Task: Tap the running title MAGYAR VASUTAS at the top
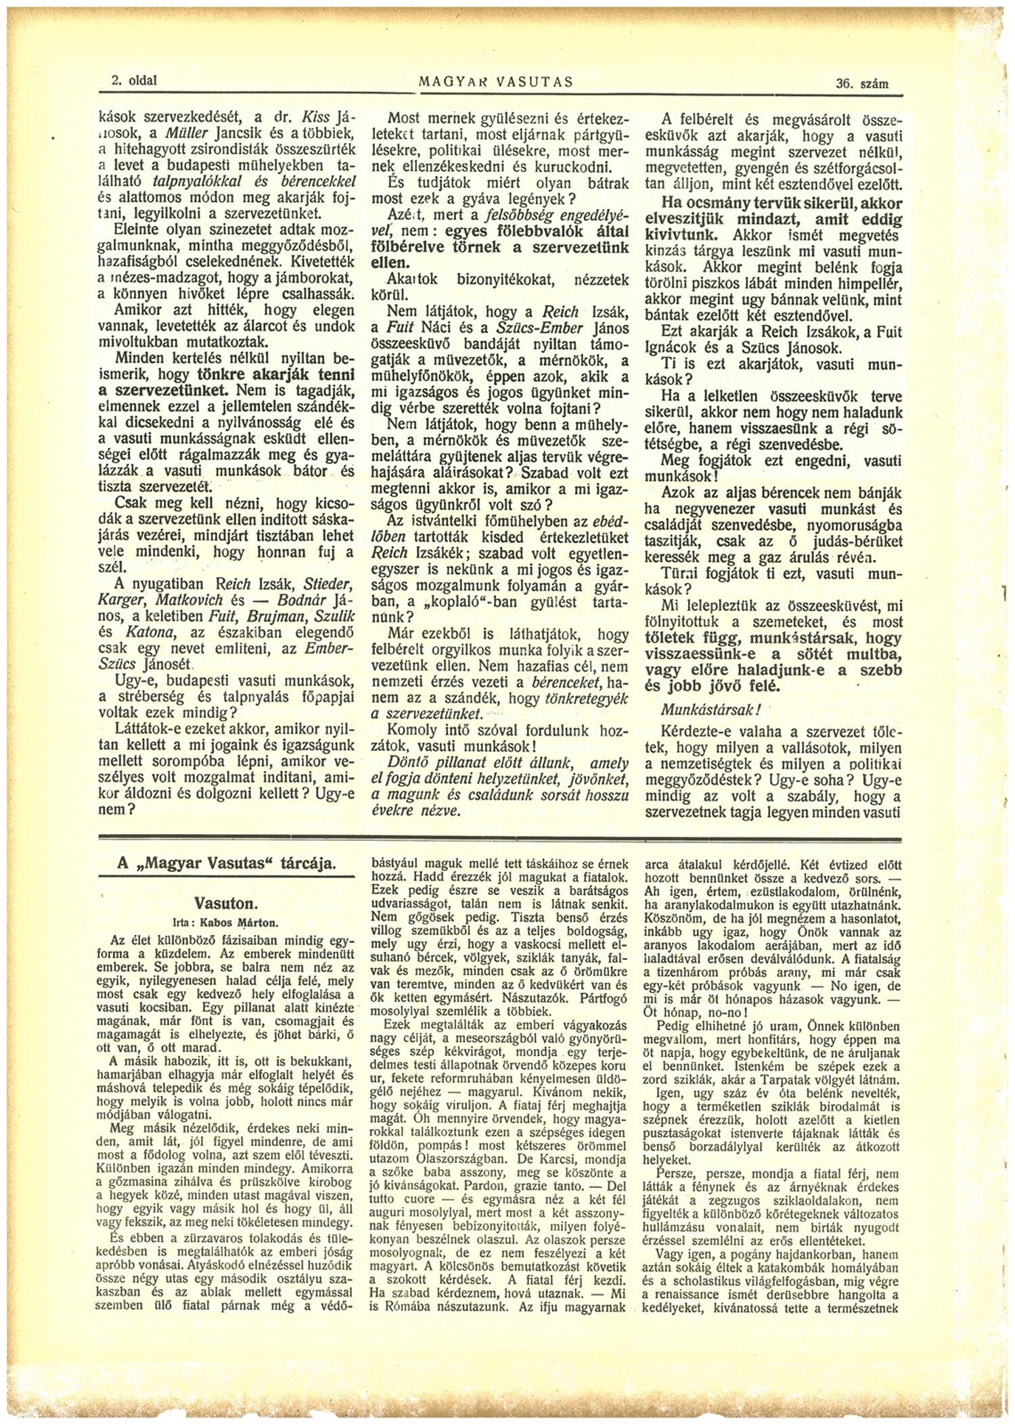click(x=497, y=83)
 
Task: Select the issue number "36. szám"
click(x=862, y=84)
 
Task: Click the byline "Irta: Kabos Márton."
click(x=226, y=921)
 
